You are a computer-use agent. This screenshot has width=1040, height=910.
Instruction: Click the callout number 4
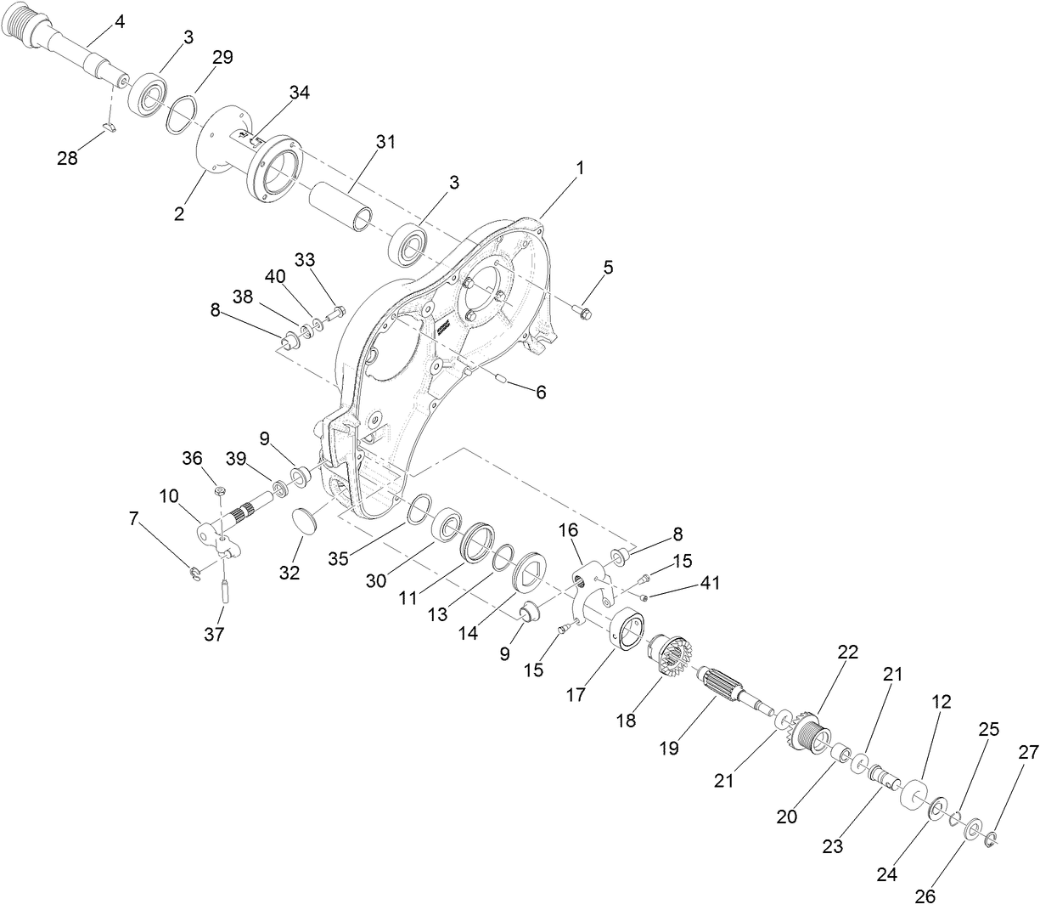pyautogui.click(x=119, y=22)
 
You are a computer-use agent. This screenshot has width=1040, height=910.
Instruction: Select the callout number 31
pyautogui.click(x=386, y=142)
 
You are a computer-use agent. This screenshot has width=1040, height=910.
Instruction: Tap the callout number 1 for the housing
pyautogui.click(x=580, y=168)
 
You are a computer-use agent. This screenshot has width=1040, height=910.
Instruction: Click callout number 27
pyautogui.click(x=1028, y=751)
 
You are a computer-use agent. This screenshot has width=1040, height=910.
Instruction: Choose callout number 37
pyautogui.click(x=215, y=633)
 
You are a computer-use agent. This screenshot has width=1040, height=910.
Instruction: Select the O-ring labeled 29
pyautogui.click(x=181, y=115)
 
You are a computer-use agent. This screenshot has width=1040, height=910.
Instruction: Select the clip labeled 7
pyautogui.click(x=194, y=574)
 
